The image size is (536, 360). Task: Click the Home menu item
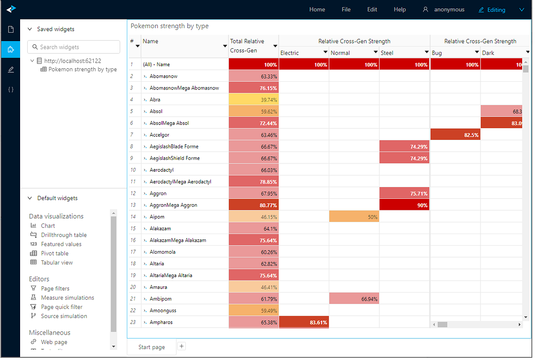click(x=317, y=9)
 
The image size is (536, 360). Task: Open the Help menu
click(x=400, y=9)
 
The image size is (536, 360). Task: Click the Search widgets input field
click(x=74, y=47)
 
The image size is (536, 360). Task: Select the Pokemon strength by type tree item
click(x=82, y=69)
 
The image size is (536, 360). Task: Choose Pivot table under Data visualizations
click(x=54, y=253)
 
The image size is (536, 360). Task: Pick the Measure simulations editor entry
click(x=67, y=297)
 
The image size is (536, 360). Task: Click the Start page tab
click(x=151, y=347)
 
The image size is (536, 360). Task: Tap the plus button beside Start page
click(x=181, y=346)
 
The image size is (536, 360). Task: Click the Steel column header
click(x=387, y=53)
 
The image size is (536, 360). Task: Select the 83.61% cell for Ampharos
click(x=304, y=322)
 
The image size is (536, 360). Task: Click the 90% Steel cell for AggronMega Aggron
click(x=404, y=205)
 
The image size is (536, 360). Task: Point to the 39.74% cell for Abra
click(x=253, y=100)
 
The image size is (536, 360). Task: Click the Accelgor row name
click(x=159, y=134)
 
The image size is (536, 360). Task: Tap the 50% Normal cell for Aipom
click(x=354, y=217)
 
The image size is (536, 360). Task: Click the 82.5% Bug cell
click(x=455, y=134)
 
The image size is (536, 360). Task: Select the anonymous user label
click(x=448, y=9)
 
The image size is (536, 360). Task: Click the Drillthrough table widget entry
click(x=64, y=235)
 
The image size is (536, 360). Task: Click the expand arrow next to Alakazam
click(x=145, y=229)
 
